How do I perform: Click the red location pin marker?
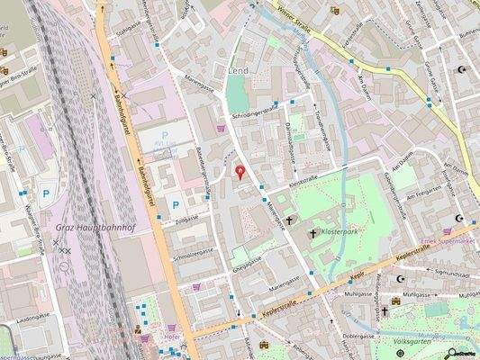click(x=240, y=172)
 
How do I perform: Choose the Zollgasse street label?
click(x=186, y=217)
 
